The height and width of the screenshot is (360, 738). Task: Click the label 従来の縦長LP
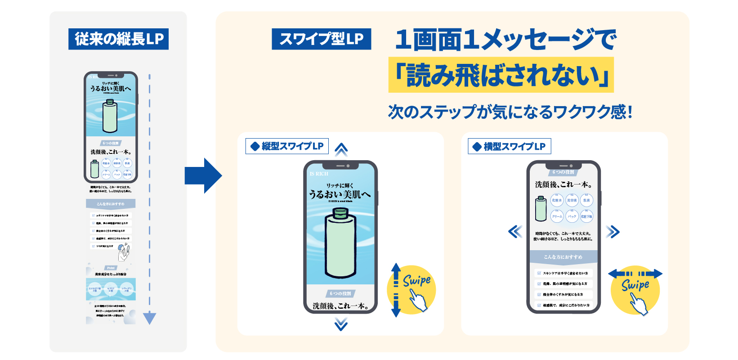(x=119, y=39)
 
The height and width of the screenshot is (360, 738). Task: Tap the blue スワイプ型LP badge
(x=322, y=39)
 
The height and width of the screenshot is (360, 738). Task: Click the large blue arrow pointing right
(x=203, y=175)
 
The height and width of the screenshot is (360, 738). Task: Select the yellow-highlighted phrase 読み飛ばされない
(x=501, y=75)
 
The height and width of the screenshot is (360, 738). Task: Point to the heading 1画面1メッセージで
(x=505, y=40)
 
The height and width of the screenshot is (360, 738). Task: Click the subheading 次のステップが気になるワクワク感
(x=510, y=112)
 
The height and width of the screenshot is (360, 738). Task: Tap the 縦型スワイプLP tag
(x=287, y=146)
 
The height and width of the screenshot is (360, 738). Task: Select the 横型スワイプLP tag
(x=510, y=146)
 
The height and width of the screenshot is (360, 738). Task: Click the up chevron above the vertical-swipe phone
(x=341, y=149)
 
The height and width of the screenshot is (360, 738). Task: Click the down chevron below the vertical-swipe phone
(x=341, y=324)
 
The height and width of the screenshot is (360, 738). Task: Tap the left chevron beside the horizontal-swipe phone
(x=515, y=232)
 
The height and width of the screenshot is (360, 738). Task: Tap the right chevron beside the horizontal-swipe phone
(x=613, y=232)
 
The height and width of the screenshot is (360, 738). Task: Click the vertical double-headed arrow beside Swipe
(x=396, y=290)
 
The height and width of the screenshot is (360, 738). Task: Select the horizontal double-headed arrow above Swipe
(x=635, y=274)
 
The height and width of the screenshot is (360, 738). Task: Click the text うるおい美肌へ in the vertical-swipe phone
(x=340, y=194)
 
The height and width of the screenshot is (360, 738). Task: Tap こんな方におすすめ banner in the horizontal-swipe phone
(x=563, y=257)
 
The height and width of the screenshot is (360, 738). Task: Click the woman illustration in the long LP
(x=123, y=252)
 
